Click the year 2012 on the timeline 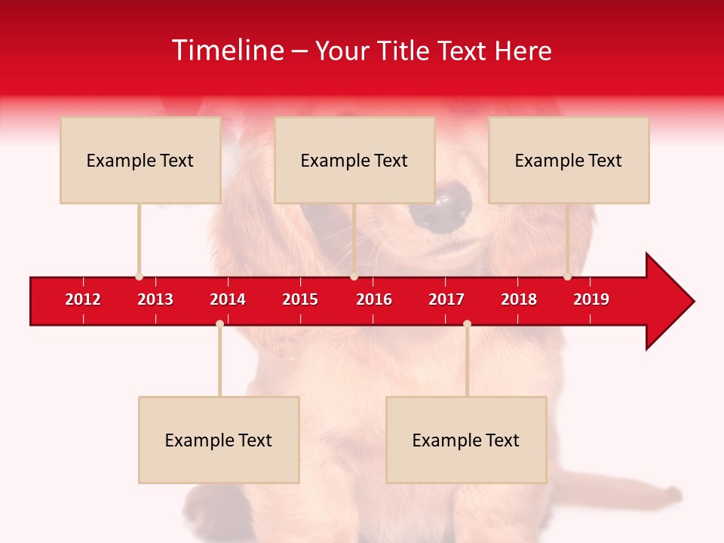pos(83,299)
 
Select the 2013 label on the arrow pos(155,299)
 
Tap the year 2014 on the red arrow pos(228,299)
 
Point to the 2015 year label pos(300,299)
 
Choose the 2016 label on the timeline pos(374,299)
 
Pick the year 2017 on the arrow pos(446,299)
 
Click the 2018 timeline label pos(519,299)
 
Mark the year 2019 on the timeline pos(591,299)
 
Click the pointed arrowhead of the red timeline pos(671,301)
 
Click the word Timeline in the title pos(227,51)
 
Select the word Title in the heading pos(405,51)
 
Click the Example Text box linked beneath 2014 pos(219,440)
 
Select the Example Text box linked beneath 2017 pos(466,440)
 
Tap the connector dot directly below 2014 pos(219,324)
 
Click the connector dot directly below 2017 pos(467,324)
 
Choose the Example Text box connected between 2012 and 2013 pos(140,160)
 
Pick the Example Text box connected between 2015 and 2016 pos(354,160)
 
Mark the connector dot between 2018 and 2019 pos(567,276)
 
